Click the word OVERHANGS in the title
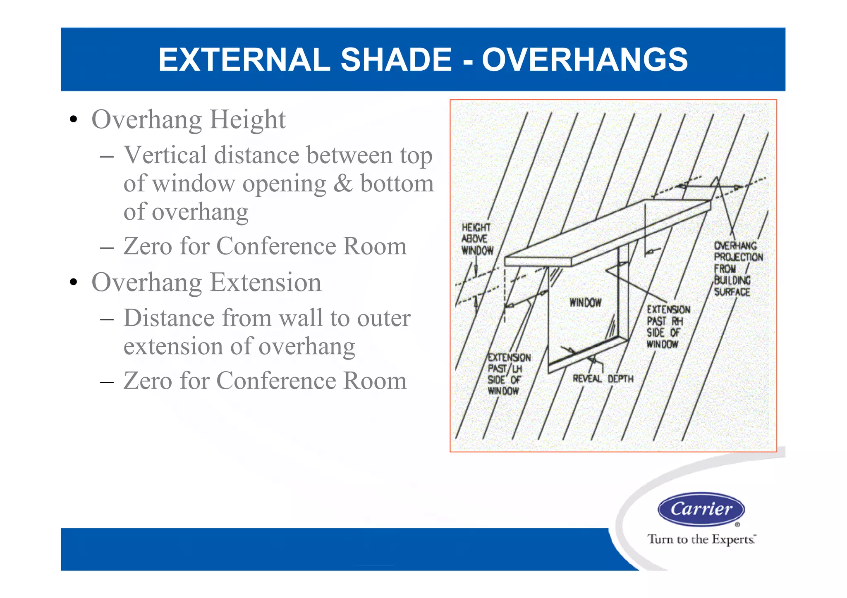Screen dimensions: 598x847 pos(585,60)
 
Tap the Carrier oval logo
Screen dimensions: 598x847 pos(701,509)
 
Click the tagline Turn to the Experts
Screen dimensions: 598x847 pos(701,539)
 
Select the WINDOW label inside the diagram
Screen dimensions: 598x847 pos(585,303)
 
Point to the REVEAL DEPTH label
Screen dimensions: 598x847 pos(603,379)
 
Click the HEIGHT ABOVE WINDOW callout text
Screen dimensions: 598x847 pos(477,239)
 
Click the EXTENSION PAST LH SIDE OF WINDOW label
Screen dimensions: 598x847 pos(508,374)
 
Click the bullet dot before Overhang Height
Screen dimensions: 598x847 pos(74,120)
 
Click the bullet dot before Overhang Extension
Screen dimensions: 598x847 pos(74,283)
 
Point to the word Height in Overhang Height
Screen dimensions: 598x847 pos(247,120)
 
